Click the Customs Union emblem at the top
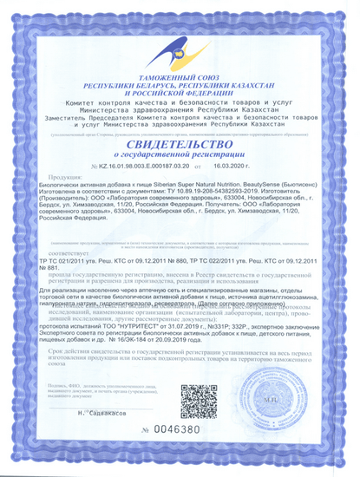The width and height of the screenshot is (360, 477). coord(180,48)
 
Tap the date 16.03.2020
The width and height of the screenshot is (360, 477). coord(228,165)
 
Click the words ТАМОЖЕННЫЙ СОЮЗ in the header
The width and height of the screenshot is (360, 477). coord(180,79)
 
